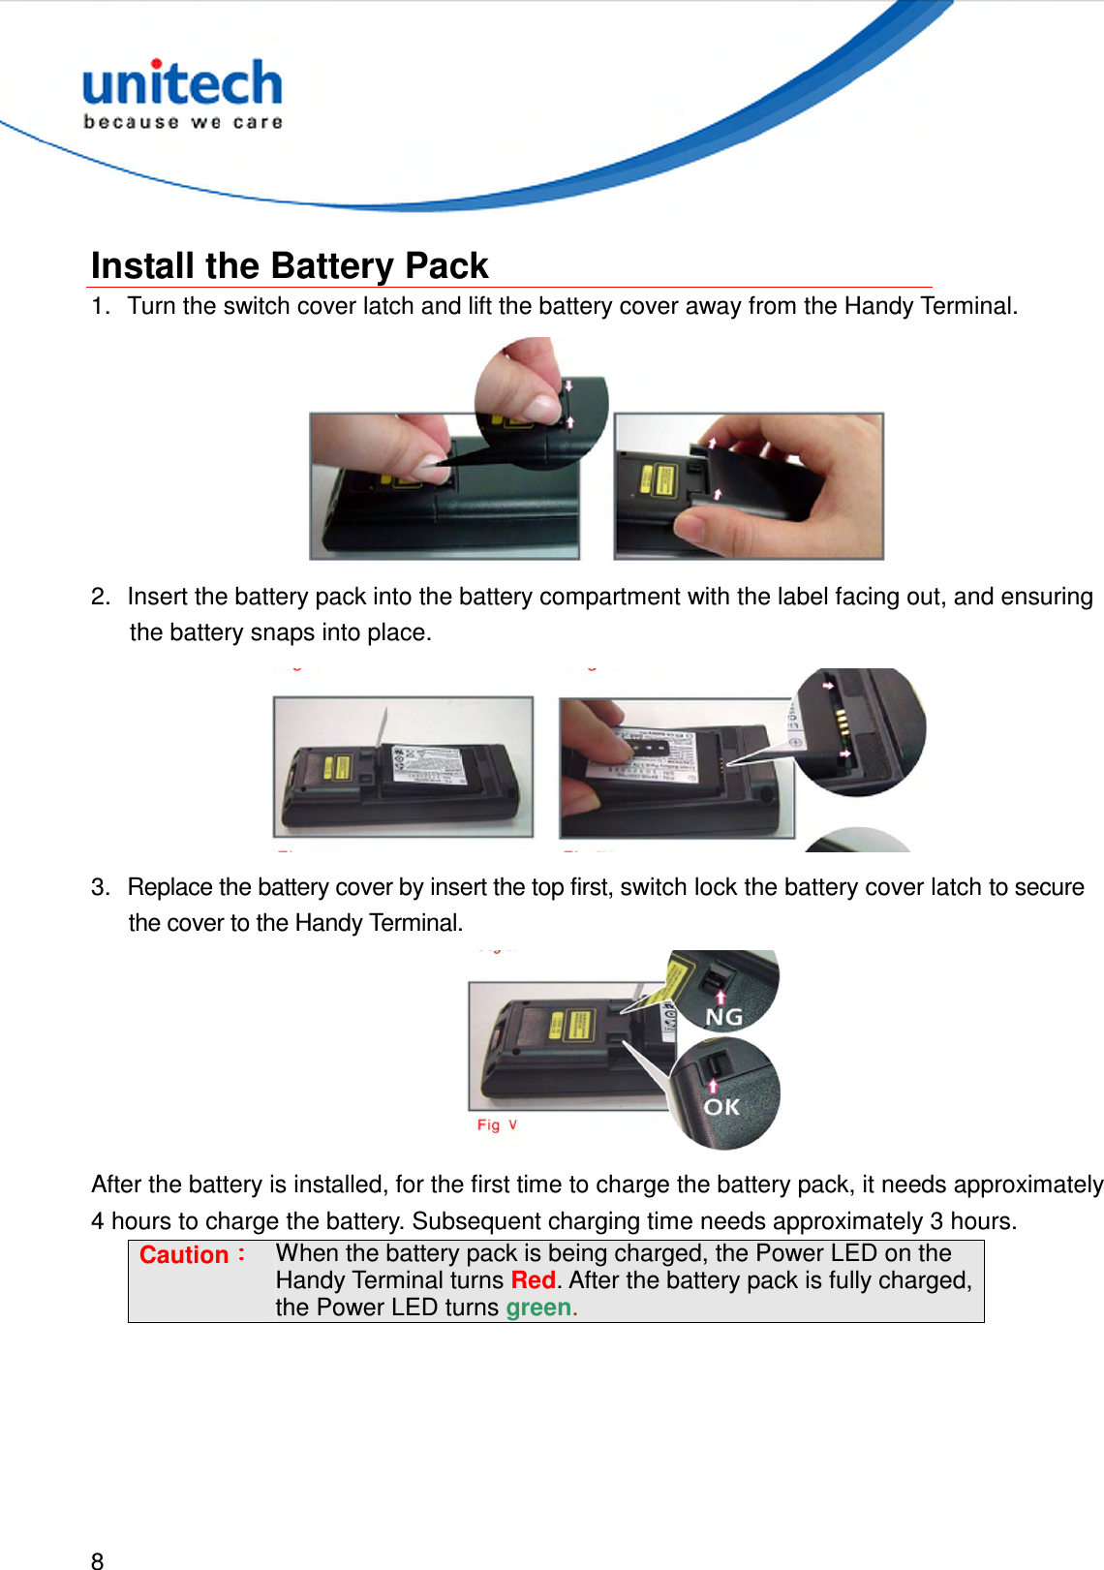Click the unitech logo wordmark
182,83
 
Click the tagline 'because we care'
183,122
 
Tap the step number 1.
98,306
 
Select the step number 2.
99,597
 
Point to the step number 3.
99,887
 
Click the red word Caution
184,1255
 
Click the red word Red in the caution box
533,1280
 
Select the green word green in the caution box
538,1308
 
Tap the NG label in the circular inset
723,1017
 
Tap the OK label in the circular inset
721,1106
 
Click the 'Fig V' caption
497,1124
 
